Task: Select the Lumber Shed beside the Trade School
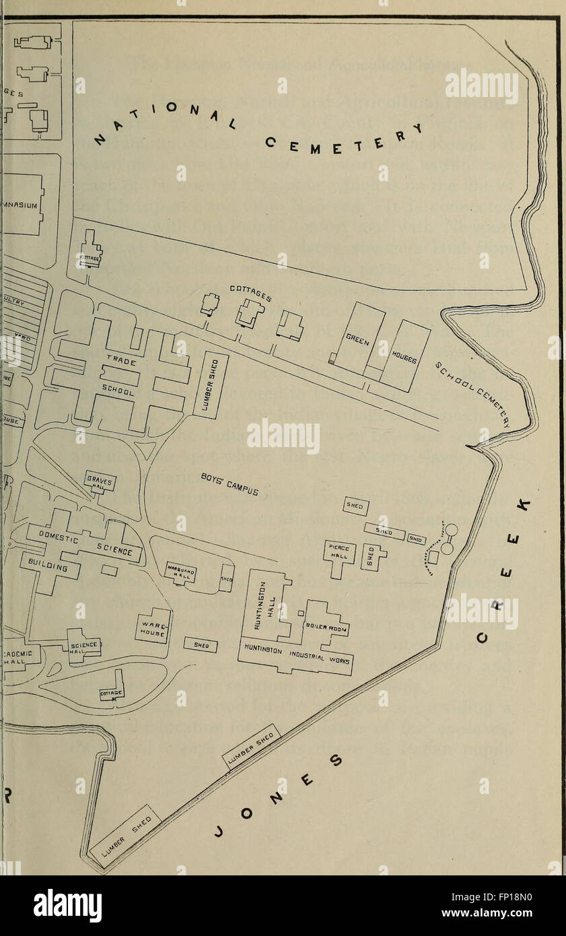tap(211, 385)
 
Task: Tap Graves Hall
tap(100, 481)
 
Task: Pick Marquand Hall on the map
tap(180, 572)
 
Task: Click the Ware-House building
tap(152, 626)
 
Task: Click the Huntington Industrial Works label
tap(296, 654)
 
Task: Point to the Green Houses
tap(382, 346)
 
